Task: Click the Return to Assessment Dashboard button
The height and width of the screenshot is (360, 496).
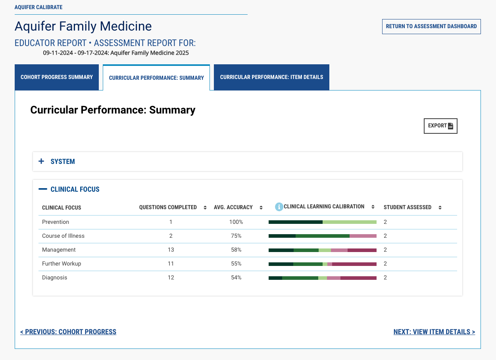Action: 431,26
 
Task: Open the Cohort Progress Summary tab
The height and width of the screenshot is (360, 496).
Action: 57,77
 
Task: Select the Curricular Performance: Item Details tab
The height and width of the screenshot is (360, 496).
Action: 271,77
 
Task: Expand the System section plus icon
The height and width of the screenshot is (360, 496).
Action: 41,161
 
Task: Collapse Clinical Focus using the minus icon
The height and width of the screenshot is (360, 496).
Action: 43,189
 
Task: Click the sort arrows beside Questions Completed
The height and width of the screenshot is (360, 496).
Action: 205,207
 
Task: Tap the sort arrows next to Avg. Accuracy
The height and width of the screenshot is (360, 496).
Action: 261,207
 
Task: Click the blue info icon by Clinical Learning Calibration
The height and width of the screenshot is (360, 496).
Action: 279,207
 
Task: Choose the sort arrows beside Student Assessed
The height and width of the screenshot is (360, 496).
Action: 440,207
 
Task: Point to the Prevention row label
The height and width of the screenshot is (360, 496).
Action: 56,222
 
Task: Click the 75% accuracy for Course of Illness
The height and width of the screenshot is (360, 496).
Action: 236,236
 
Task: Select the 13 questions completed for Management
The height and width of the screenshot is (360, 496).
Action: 171,250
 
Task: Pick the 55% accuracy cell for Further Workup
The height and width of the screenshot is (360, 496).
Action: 236,264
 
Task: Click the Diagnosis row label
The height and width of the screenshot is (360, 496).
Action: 54,277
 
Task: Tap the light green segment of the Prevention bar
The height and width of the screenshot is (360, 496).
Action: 350,222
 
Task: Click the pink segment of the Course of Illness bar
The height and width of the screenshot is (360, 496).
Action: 363,236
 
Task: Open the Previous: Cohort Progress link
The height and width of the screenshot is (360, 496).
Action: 68,332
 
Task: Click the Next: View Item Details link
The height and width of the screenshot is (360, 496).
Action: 434,332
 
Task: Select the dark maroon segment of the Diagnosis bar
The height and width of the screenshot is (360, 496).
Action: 358,278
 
